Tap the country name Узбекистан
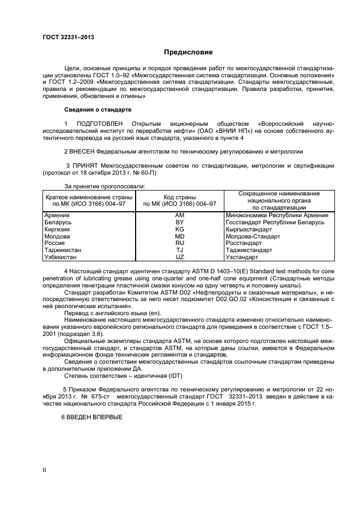(x=60, y=257)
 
